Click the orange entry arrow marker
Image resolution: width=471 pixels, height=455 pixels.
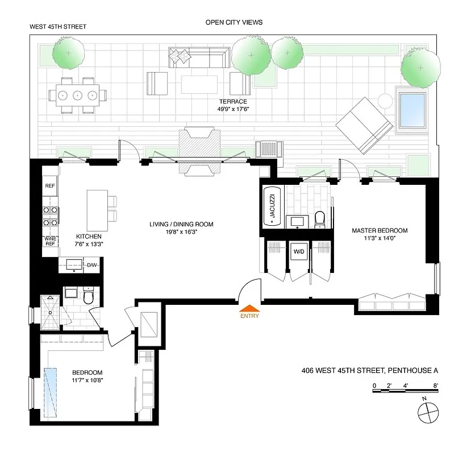(x=249, y=308)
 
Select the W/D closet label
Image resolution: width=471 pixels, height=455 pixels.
(x=299, y=251)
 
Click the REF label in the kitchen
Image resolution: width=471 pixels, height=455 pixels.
(x=49, y=185)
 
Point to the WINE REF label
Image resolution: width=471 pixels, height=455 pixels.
(x=49, y=241)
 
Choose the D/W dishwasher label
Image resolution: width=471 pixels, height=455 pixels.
(x=91, y=265)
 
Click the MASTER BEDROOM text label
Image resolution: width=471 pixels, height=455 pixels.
(x=380, y=230)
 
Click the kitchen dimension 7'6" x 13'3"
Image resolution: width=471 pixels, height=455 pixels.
(x=89, y=245)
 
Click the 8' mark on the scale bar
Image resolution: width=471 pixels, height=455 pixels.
(x=435, y=385)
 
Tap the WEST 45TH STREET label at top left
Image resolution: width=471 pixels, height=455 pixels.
(x=59, y=27)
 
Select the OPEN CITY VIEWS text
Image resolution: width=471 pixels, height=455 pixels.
(x=234, y=22)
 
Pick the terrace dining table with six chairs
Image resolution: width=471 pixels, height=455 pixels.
(x=78, y=95)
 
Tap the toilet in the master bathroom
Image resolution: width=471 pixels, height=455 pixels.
(x=319, y=218)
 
